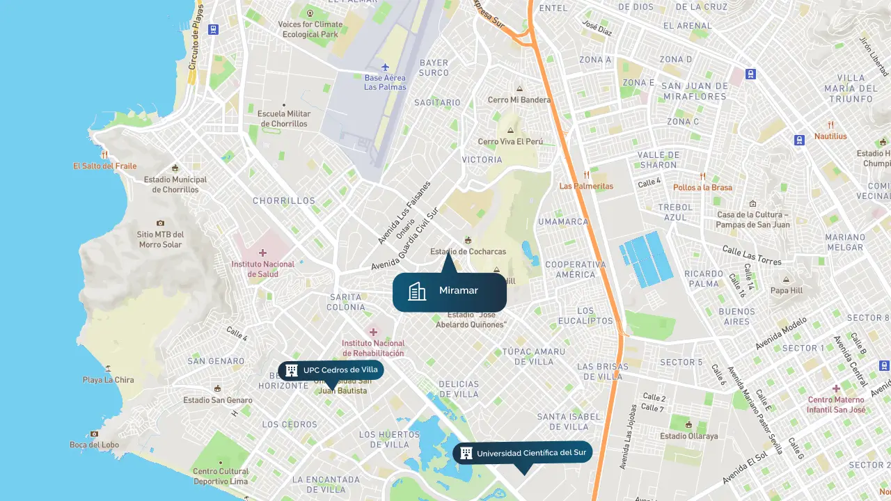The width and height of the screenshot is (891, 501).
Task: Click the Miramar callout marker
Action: [x=449, y=292]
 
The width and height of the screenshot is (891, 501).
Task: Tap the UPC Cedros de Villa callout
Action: [x=331, y=370]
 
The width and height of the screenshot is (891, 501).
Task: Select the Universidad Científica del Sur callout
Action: [x=522, y=453]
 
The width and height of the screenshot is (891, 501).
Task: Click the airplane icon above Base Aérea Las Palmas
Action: [x=385, y=67]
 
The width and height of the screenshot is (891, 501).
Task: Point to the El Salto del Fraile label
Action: [x=104, y=166]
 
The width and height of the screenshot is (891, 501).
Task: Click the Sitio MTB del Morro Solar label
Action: [x=160, y=239]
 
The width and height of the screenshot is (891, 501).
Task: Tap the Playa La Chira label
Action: [x=108, y=380]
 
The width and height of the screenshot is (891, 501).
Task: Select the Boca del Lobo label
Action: [x=94, y=445]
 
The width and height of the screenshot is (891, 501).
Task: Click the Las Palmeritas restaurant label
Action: [x=586, y=186]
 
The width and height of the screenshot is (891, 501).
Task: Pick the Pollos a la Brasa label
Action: [x=702, y=187]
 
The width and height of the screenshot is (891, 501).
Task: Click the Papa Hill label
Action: [x=786, y=290]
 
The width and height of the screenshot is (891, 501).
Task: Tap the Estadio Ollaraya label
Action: [x=688, y=436]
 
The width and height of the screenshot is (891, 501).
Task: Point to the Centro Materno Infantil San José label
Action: [x=836, y=404]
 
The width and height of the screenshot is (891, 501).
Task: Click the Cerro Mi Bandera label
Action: [x=519, y=100]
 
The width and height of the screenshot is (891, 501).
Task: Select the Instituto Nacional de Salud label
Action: [x=262, y=269]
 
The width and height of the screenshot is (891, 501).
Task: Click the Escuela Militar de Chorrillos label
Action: [x=283, y=118]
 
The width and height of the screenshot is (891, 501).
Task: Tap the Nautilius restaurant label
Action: [x=830, y=136]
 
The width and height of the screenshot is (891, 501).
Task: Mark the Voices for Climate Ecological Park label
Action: [x=310, y=29]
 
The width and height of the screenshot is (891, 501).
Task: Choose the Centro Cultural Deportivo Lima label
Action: [x=220, y=476]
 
